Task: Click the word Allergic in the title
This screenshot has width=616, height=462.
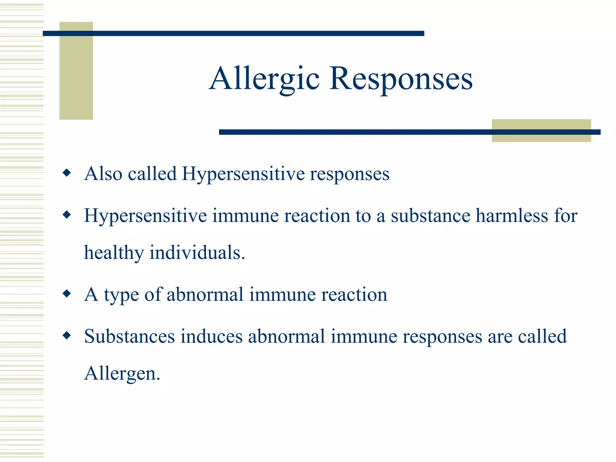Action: [x=264, y=79]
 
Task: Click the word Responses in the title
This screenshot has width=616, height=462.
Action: [x=401, y=79]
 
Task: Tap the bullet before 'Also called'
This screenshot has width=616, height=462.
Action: [x=67, y=173]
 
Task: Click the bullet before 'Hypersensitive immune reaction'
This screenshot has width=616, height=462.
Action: [x=67, y=215]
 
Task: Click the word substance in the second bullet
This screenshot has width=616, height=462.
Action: [x=430, y=216]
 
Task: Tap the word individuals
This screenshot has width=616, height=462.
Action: [x=197, y=253]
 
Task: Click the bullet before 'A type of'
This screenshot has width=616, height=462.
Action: [x=67, y=293]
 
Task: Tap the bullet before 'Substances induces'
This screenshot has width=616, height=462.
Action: [x=67, y=335]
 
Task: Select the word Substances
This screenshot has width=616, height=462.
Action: [x=129, y=336]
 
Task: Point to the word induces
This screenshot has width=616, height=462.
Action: [x=211, y=336]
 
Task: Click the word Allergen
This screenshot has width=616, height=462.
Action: [x=122, y=374]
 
